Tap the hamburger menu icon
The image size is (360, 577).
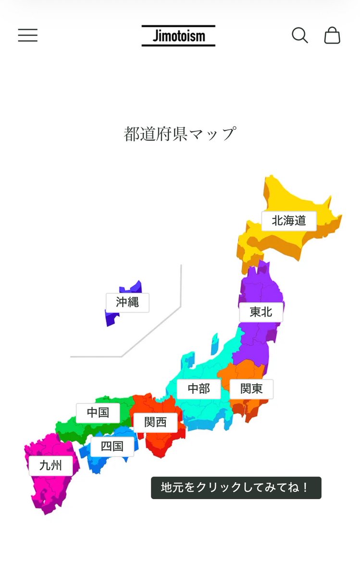tap(28, 36)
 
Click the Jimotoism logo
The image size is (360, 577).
tap(178, 36)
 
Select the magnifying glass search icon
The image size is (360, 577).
tap(299, 36)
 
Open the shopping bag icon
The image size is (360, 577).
tap(332, 36)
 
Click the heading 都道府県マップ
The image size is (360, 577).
tap(180, 134)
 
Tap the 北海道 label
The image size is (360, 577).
tap(289, 221)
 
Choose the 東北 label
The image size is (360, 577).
tap(261, 312)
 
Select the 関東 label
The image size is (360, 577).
tap(251, 389)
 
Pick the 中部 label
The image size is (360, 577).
tap(199, 389)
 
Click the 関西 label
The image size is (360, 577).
tap(155, 422)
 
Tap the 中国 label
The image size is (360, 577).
tap(98, 413)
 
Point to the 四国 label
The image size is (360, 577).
tap(112, 446)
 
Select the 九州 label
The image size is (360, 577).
tap(50, 465)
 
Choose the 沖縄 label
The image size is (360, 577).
tap(127, 302)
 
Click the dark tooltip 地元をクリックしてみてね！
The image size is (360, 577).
tap(236, 488)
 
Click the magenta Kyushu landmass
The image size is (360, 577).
tap(46, 490)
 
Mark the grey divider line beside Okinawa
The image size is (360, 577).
tap(180, 288)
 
